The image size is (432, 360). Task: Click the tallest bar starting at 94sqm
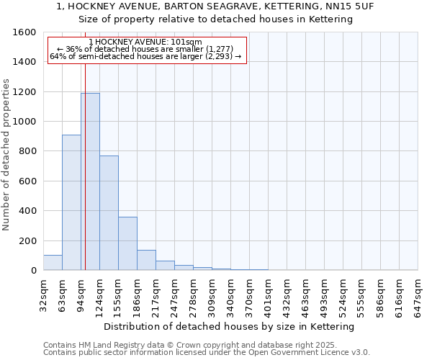click(90, 181)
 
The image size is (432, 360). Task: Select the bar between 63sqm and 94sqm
click(71, 202)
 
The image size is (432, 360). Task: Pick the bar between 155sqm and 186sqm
click(127, 243)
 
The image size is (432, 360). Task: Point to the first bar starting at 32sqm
click(53, 263)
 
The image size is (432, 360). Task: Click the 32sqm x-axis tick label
click(43, 292)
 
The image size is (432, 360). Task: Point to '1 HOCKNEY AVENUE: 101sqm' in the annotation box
click(148, 42)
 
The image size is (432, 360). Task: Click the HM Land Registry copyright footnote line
click(195, 345)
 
